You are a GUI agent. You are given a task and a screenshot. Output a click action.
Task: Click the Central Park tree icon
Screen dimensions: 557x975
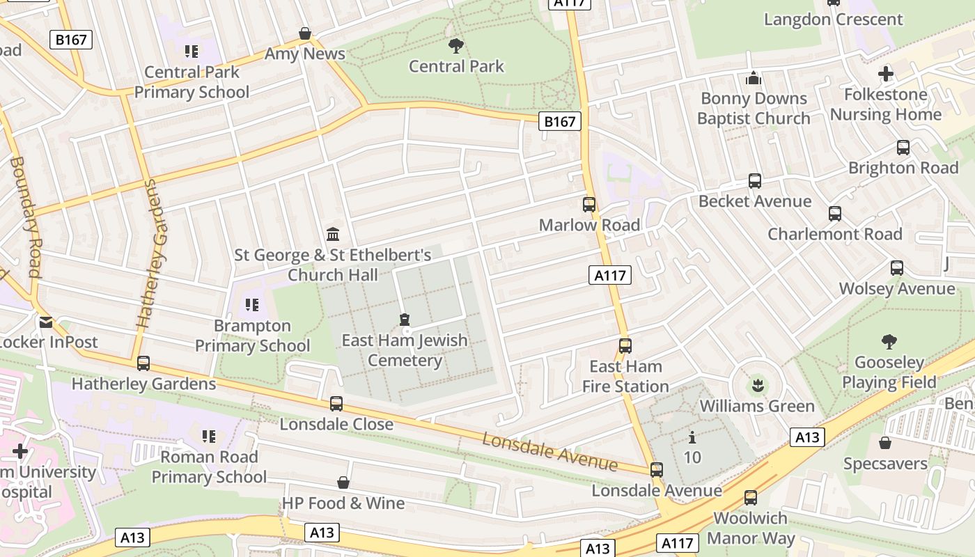click(456, 46)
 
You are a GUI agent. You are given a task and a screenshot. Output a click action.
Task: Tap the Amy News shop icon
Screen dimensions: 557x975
click(304, 33)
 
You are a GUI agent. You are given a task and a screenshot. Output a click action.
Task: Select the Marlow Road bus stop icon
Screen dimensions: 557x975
click(589, 204)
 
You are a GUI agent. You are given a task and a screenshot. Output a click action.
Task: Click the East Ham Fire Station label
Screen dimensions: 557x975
click(625, 376)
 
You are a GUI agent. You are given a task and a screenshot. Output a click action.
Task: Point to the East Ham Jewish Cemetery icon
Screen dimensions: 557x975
click(405, 320)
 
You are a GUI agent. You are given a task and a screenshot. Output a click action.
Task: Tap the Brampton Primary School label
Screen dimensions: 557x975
click(252, 336)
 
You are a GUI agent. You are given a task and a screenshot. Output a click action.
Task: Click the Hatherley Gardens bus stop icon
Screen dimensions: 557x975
click(143, 363)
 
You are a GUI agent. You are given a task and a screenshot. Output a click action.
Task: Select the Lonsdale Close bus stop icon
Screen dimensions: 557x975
click(336, 403)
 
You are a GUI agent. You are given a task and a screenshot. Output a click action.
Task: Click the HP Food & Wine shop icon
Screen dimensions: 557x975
click(343, 483)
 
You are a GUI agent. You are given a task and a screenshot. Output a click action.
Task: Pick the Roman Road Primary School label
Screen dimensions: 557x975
click(209, 466)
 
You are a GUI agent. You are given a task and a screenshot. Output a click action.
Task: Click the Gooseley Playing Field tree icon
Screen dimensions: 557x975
click(889, 341)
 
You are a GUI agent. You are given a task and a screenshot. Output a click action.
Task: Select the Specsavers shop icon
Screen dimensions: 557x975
click(885, 443)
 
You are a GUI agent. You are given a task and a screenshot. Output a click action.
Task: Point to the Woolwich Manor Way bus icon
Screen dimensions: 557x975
click(750, 498)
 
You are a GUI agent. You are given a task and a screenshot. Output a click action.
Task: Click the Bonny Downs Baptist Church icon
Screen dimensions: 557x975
click(754, 78)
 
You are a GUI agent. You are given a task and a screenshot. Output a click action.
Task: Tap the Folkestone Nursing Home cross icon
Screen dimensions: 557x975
click(885, 74)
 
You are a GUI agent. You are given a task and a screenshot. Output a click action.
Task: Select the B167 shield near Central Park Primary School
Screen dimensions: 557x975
click(72, 40)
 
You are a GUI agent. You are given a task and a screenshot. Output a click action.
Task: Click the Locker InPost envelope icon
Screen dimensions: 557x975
click(46, 322)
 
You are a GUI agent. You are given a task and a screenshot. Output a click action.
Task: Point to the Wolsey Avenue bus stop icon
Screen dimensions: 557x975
click(897, 268)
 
